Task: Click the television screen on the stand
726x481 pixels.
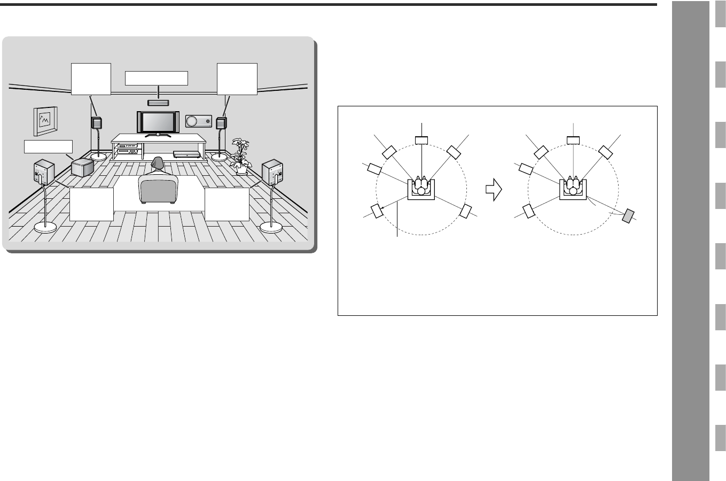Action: tap(159, 122)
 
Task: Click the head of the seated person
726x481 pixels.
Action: tap(158, 162)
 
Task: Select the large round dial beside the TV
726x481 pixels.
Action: tap(191, 122)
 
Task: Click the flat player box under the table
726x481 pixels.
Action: tap(187, 154)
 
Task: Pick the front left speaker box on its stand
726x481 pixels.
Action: tap(97, 123)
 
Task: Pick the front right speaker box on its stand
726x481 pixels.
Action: tap(221, 123)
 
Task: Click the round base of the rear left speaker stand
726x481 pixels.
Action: tap(45, 228)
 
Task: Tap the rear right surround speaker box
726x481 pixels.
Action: tap(271, 173)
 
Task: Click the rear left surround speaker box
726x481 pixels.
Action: tap(43, 172)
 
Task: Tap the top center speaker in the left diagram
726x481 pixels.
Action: tap(421, 141)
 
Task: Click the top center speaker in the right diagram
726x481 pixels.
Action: tap(573, 141)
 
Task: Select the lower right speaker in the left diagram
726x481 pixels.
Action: tap(466, 211)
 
